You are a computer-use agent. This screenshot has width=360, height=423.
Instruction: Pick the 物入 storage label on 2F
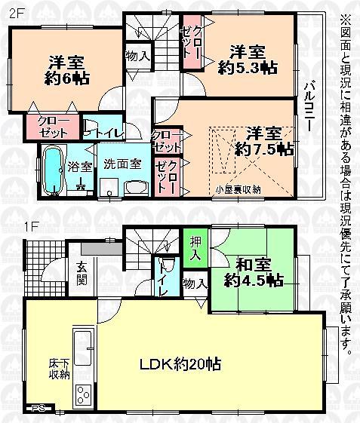[x=137, y=55]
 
